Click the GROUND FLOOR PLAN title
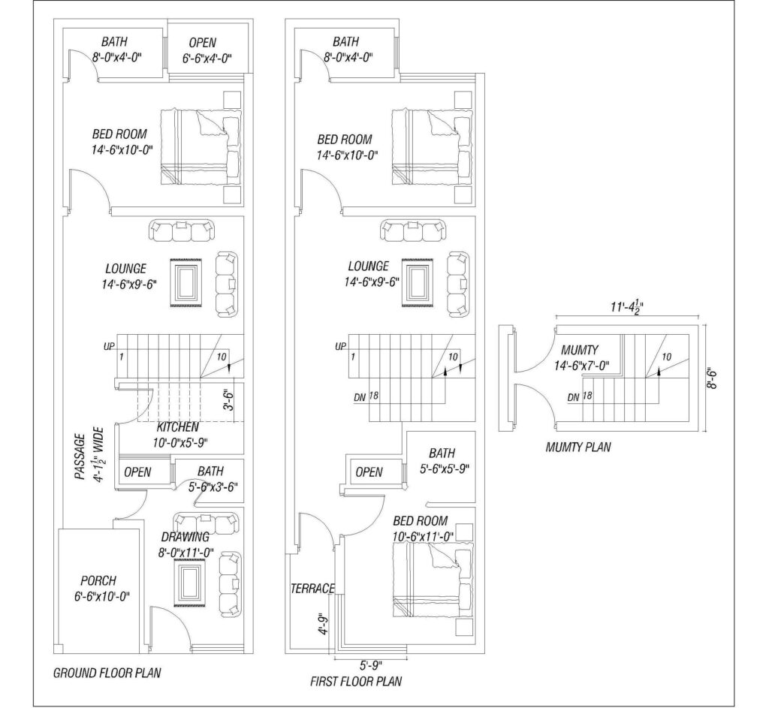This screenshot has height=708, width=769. click(107, 673)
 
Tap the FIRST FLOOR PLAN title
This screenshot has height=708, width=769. click(356, 681)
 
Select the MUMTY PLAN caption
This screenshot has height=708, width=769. click(578, 447)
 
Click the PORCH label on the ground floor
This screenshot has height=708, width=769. click(98, 581)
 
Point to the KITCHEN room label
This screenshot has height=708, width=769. click(177, 427)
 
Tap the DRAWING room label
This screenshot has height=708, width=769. click(185, 537)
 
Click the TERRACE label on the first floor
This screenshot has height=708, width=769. click(313, 589)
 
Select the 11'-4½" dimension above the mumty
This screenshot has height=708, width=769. click(627, 307)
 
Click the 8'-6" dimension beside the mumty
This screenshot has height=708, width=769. click(713, 379)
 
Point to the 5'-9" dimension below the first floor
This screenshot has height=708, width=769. click(371, 665)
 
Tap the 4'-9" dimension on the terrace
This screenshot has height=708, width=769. click(323, 624)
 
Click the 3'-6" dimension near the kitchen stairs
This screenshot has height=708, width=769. click(230, 400)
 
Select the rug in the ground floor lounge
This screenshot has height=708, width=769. click(186, 283)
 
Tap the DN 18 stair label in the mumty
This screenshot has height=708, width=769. click(580, 396)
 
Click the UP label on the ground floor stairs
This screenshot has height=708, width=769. click(109, 346)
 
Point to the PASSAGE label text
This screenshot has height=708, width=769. click(80, 456)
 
